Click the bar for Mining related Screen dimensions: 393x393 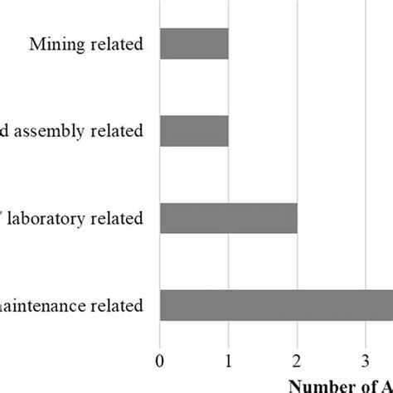194,45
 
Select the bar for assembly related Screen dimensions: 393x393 194,131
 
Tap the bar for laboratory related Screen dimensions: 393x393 228,218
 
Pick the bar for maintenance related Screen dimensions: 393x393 276,305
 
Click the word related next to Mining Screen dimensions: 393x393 119,44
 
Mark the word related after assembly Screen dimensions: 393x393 119,131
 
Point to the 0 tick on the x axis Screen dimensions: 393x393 160,361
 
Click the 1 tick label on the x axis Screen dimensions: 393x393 228,361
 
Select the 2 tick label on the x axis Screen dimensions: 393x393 297,361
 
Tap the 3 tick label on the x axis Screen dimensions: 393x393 366,361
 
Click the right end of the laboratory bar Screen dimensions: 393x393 295,218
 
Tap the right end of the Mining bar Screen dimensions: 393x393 226,45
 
